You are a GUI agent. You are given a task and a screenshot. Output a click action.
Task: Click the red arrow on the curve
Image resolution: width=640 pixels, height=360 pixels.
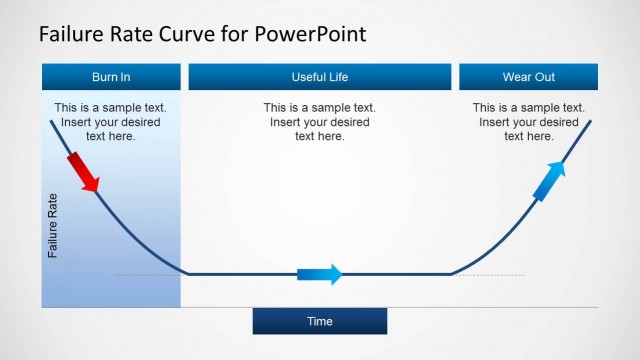point(84,172)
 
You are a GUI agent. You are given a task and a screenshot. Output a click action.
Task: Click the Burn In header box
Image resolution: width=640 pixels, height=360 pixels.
point(111,77)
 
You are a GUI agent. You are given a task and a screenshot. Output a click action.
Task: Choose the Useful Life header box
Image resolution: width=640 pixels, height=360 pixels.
point(320,77)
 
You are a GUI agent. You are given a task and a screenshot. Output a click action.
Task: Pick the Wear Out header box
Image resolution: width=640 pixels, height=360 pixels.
point(528,77)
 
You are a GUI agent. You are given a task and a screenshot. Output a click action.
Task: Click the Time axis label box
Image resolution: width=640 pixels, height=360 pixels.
point(319,321)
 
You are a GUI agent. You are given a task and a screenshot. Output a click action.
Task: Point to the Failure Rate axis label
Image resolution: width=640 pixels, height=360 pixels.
point(53,225)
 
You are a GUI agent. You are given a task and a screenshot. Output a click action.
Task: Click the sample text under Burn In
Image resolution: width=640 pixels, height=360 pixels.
point(110,121)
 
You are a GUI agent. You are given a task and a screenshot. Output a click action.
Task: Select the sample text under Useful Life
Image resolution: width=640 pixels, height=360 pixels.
point(320,121)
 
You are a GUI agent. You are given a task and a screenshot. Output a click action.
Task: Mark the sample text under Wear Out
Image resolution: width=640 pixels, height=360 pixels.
point(528,121)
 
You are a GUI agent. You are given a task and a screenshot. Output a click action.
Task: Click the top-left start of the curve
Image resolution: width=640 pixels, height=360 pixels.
point(51,120)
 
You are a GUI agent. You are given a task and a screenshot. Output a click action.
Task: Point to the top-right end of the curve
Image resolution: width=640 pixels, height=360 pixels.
point(589,121)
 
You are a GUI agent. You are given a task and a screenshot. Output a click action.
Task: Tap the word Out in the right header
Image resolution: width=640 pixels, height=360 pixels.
point(545,77)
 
